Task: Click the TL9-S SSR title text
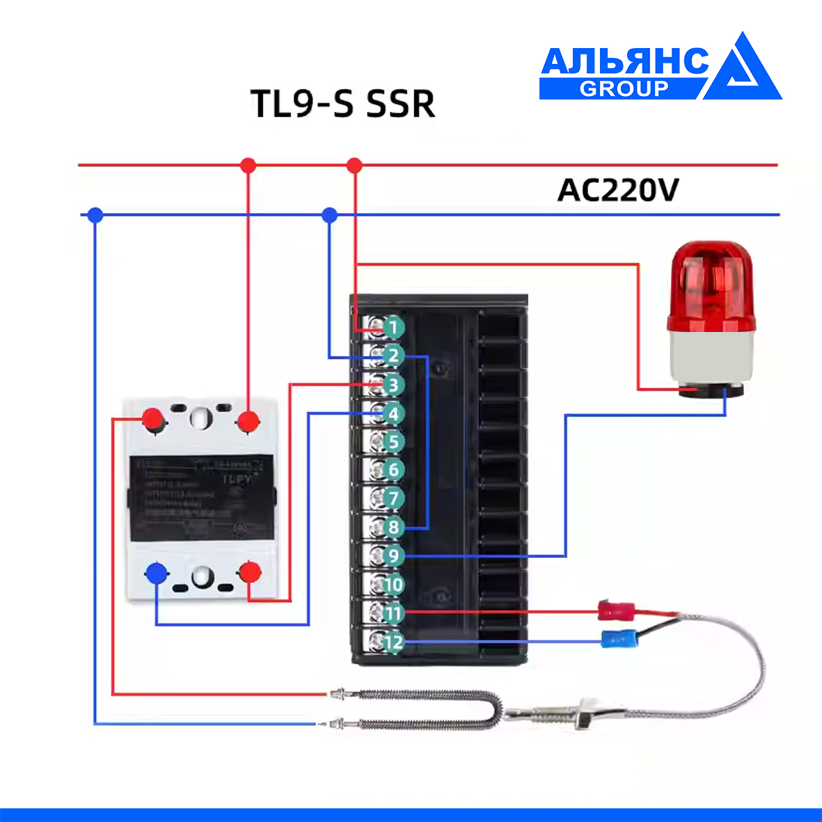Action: point(342,104)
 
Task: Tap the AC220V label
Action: point(617,190)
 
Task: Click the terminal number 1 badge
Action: point(393,327)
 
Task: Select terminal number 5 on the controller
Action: point(393,441)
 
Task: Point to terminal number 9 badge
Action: point(393,555)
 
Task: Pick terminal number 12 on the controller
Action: point(393,642)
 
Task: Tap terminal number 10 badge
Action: point(393,585)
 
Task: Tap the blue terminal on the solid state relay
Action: point(156,574)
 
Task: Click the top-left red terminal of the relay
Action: point(152,419)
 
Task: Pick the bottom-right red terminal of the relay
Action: point(250,573)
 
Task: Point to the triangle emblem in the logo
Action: point(743,70)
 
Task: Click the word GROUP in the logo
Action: point(624,89)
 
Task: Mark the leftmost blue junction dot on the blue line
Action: point(95,215)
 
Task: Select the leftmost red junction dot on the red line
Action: point(248,166)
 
